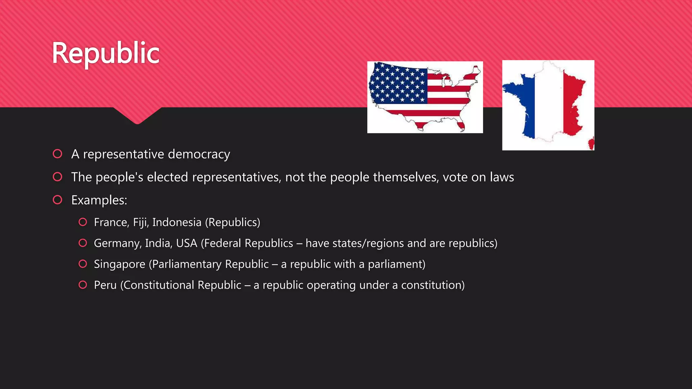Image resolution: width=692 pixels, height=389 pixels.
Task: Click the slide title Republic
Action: [105, 53]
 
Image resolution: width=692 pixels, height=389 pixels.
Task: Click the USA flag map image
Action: [425, 97]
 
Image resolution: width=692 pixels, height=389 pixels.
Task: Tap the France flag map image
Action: [548, 105]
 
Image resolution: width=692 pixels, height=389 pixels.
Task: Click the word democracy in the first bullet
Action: [199, 154]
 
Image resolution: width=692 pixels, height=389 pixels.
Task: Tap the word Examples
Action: [99, 200]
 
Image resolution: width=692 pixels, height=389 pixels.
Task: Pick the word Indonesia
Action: [177, 223]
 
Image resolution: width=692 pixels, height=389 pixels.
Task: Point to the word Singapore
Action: [120, 264]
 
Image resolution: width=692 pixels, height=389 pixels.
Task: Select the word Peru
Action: [105, 285]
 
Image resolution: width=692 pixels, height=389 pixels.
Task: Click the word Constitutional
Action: [158, 285]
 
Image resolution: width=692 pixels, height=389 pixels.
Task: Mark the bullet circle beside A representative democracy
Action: [57, 154]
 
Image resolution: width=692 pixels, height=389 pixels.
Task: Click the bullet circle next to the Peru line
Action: [83, 285]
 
